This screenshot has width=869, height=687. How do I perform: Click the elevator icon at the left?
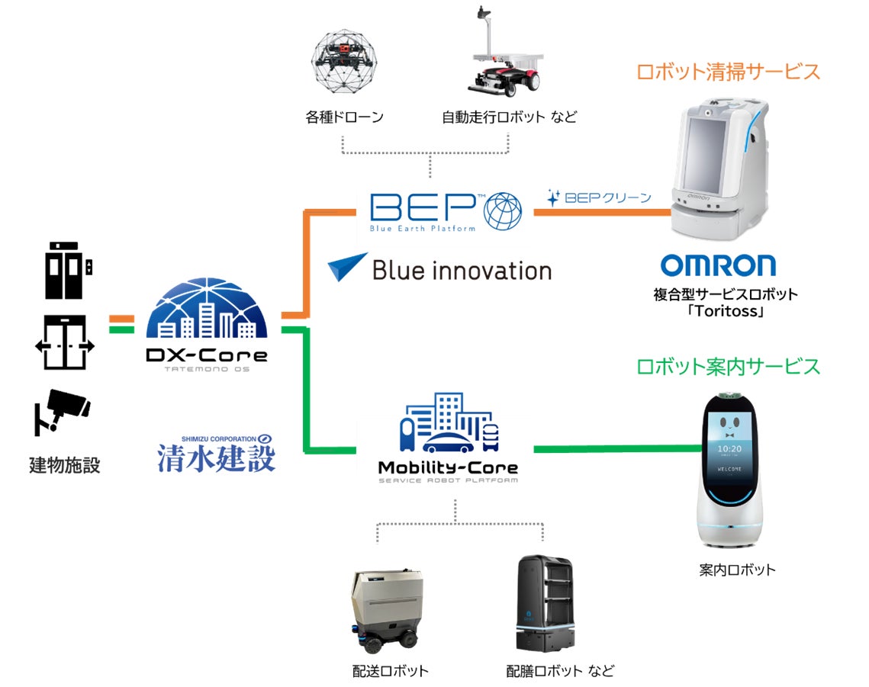67,271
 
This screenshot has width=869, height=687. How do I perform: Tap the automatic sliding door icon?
65,345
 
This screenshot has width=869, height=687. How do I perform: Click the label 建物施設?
65,464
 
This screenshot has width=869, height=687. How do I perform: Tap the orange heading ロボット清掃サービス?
728,72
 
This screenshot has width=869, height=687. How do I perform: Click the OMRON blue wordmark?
718,265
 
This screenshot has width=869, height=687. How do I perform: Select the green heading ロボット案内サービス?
728,366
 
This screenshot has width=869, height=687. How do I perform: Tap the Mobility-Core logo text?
448,467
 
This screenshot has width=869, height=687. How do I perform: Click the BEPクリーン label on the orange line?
600,197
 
